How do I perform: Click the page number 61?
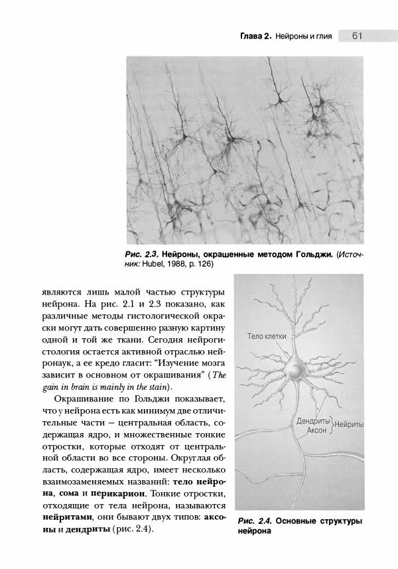coord(356,36)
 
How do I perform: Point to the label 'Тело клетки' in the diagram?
coord(267,337)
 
